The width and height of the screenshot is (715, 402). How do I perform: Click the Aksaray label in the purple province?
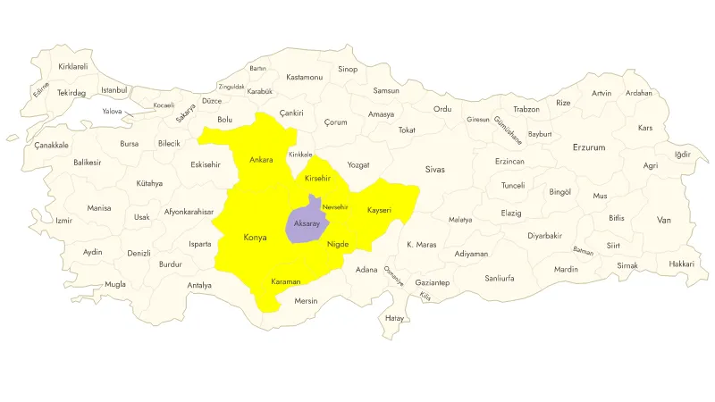click(x=307, y=223)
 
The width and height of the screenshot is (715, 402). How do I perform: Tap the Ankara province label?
click(x=261, y=160)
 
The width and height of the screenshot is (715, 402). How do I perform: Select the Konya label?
click(x=255, y=238)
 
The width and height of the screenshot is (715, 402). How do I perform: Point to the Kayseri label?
click(x=379, y=210)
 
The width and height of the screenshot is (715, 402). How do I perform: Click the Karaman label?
click(x=286, y=281)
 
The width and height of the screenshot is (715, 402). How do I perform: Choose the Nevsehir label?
click(x=336, y=207)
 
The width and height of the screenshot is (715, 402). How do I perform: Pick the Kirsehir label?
click(x=318, y=179)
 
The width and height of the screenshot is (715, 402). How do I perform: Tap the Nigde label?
click(x=338, y=244)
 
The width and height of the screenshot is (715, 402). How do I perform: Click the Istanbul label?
click(x=114, y=89)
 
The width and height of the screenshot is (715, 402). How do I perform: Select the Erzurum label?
click(x=589, y=147)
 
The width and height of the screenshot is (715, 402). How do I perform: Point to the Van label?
click(x=663, y=220)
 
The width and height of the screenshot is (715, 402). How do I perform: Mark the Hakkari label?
click(x=681, y=264)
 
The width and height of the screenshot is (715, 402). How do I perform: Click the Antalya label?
click(x=199, y=286)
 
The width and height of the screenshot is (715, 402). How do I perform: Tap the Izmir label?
click(x=63, y=221)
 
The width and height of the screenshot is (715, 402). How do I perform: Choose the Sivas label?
click(x=434, y=169)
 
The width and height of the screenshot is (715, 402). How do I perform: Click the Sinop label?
click(x=348, y=69)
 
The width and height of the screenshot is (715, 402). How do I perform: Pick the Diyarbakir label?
click(x=544, y=236)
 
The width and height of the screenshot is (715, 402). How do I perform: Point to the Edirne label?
click(x=41, y=89)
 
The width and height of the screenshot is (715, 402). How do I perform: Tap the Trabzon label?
click(x=526, y=109)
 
